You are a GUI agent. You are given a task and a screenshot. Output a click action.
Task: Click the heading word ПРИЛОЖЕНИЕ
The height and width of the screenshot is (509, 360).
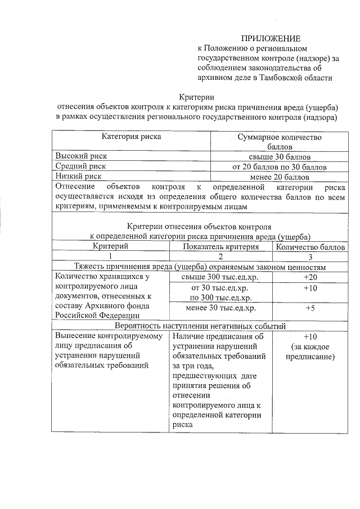point(271,38)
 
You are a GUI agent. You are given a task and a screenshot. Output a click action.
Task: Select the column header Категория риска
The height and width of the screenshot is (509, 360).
point(131,136)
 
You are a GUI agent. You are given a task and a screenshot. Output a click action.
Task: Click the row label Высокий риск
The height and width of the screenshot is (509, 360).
point(80,156)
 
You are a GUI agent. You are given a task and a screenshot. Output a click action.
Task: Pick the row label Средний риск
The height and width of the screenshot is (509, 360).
point(80,166)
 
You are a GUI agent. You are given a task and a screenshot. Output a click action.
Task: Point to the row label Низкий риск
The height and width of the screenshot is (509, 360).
point(78,176)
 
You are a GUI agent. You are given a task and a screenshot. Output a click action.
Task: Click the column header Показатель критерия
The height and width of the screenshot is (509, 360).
point(220,246)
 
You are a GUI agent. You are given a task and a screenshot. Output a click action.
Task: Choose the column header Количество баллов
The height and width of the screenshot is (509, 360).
point(309,246)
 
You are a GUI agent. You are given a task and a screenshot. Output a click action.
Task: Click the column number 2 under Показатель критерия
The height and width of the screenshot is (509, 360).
point(220,256)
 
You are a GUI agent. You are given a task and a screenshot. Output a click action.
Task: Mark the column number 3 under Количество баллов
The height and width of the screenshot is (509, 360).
point(309,256)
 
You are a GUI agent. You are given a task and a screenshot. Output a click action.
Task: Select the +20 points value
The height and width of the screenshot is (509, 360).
point(310,277)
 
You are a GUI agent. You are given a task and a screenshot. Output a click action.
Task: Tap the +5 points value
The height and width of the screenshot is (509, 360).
point(310,308)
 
